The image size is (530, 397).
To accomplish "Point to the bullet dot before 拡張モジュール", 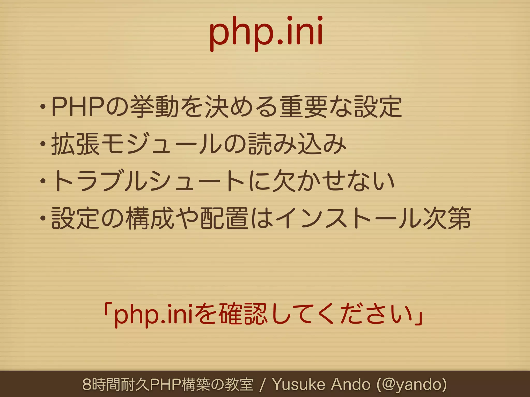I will coord(43,144).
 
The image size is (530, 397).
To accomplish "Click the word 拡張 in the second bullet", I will coord(75,144).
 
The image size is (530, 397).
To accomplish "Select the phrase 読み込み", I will coord(298,144).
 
